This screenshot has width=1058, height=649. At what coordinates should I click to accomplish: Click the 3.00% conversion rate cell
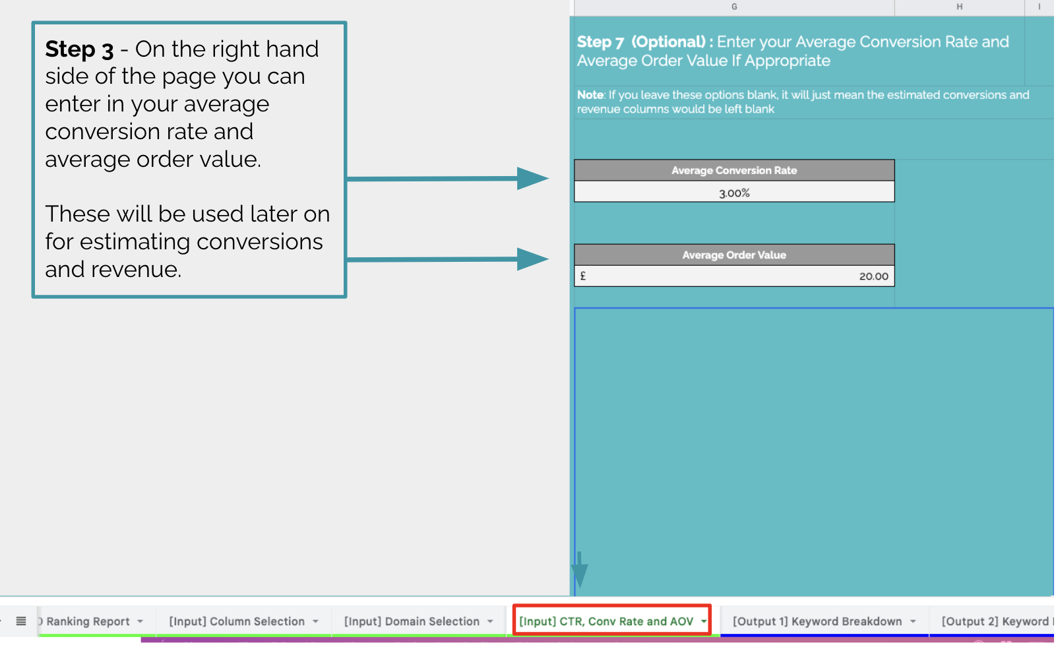point(734,192)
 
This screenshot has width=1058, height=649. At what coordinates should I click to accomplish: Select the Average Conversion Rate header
point(734,171)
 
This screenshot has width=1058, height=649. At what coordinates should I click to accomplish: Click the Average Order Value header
point(734,255)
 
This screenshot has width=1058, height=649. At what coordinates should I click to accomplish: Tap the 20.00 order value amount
point(873,276)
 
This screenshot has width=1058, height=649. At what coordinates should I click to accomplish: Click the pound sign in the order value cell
point(583,276)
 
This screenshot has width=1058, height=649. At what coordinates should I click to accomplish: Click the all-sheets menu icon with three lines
point(21,621)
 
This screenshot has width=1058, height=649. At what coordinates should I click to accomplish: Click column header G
point(734,7)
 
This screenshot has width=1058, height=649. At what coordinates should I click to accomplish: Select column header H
point(959,7)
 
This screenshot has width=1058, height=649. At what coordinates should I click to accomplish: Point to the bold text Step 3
point(79,49)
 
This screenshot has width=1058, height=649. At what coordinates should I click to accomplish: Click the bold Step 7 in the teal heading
point(600,42)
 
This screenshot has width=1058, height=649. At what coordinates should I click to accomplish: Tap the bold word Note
point(590,95)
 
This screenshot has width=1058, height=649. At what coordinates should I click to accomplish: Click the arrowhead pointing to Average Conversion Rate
point(533,179)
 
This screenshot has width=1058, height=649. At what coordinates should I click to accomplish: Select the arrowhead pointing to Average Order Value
point(533,259)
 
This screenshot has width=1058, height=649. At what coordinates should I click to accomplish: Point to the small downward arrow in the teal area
point(580,570)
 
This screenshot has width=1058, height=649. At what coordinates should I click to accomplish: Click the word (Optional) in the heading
point(668,42)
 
